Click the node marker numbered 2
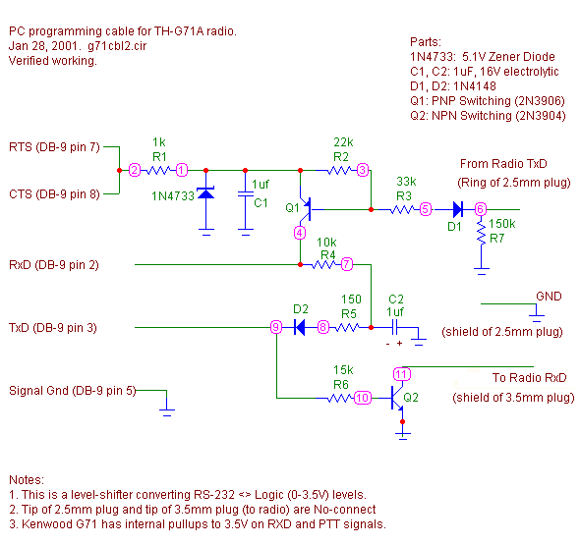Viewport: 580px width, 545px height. point(135,170)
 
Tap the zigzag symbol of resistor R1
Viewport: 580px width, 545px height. point(158,170)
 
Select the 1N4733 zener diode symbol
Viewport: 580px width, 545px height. point(206,193)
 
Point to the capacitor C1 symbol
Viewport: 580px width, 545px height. point(245,194)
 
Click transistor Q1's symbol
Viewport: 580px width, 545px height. point(307,209)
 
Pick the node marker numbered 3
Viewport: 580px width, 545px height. point(363,170)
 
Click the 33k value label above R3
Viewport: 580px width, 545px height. point(406,182)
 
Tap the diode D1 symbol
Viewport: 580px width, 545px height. point(458,209)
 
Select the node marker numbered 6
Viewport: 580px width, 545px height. point(480,209)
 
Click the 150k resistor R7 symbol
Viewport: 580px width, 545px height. point(481,233)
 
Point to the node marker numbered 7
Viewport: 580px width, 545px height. point(347,264)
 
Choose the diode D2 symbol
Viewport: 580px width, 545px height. point(299,327)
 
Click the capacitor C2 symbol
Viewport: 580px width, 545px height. point(394,327)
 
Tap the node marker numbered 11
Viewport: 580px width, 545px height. point(402,374)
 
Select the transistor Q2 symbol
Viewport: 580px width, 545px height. point(397,398)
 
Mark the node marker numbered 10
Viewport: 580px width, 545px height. point(363,398)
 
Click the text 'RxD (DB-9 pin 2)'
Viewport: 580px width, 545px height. point(54,265)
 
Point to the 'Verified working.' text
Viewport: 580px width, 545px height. point(53,61)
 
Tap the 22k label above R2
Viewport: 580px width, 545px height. point(343,142)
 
